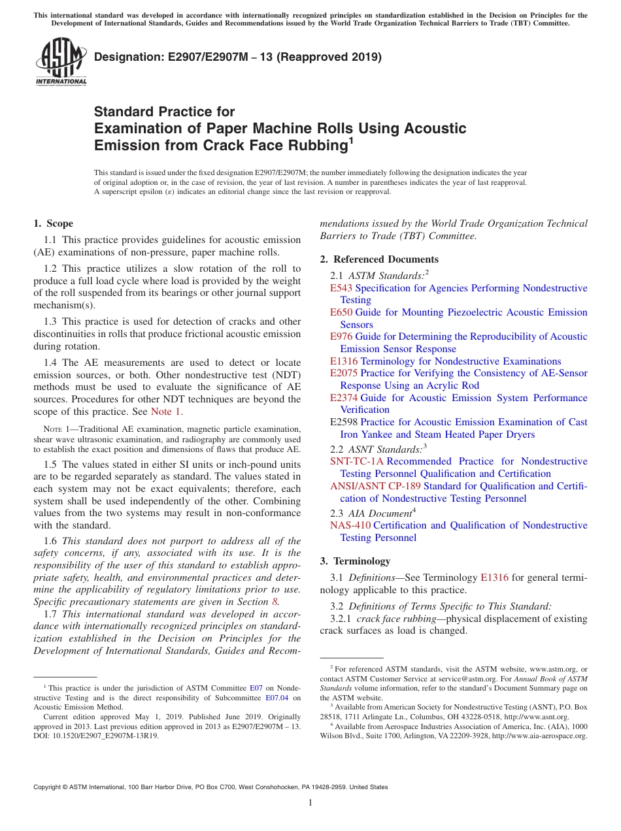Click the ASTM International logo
point(61,62)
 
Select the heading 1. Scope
point(54,223)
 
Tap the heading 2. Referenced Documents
point(379,259)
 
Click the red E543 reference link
point(341,288)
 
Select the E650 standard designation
point(341,312)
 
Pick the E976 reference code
point(341,336)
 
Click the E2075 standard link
point(344,373)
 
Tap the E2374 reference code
point(344,398)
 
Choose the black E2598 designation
point(344,422)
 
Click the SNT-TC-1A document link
point(357,461)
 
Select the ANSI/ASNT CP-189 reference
point(375,486)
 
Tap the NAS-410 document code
point(350,525)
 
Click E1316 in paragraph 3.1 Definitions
point(494,578)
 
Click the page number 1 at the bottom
point(310,802)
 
